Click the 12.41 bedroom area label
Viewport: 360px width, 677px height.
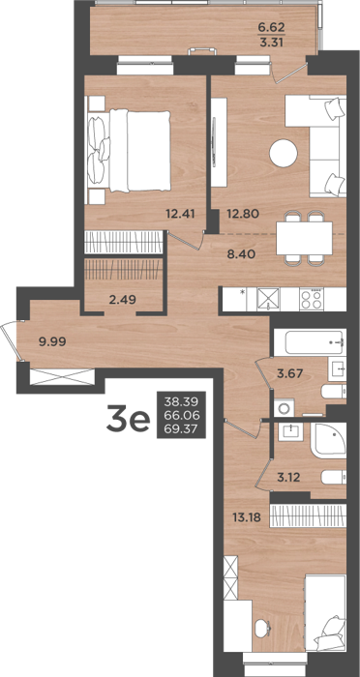[179, 213]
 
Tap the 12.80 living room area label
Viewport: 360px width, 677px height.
[243, 213]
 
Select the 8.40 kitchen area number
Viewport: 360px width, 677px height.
[242, 253]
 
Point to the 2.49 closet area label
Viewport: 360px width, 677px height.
[123, 299]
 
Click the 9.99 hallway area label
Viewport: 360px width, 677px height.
[52, 342]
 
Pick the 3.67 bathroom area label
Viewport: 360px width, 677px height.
[289, 373]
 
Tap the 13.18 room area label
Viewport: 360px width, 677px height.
[247, 516]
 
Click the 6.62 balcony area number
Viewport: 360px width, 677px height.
[271, 28]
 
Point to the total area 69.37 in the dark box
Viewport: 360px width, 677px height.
[181, 428]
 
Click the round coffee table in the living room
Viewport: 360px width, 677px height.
[284, 153]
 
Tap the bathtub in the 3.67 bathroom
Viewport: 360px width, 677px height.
[310, 342]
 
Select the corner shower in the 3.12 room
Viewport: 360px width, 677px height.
[328, 440]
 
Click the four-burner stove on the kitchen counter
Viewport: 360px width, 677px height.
[312, 298]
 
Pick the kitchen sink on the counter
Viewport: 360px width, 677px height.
[268, 298]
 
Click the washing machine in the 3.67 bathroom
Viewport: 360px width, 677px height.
[284, 407]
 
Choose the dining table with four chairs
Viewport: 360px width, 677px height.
[304, 238]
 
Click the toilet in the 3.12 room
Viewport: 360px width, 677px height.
[334, 478]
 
